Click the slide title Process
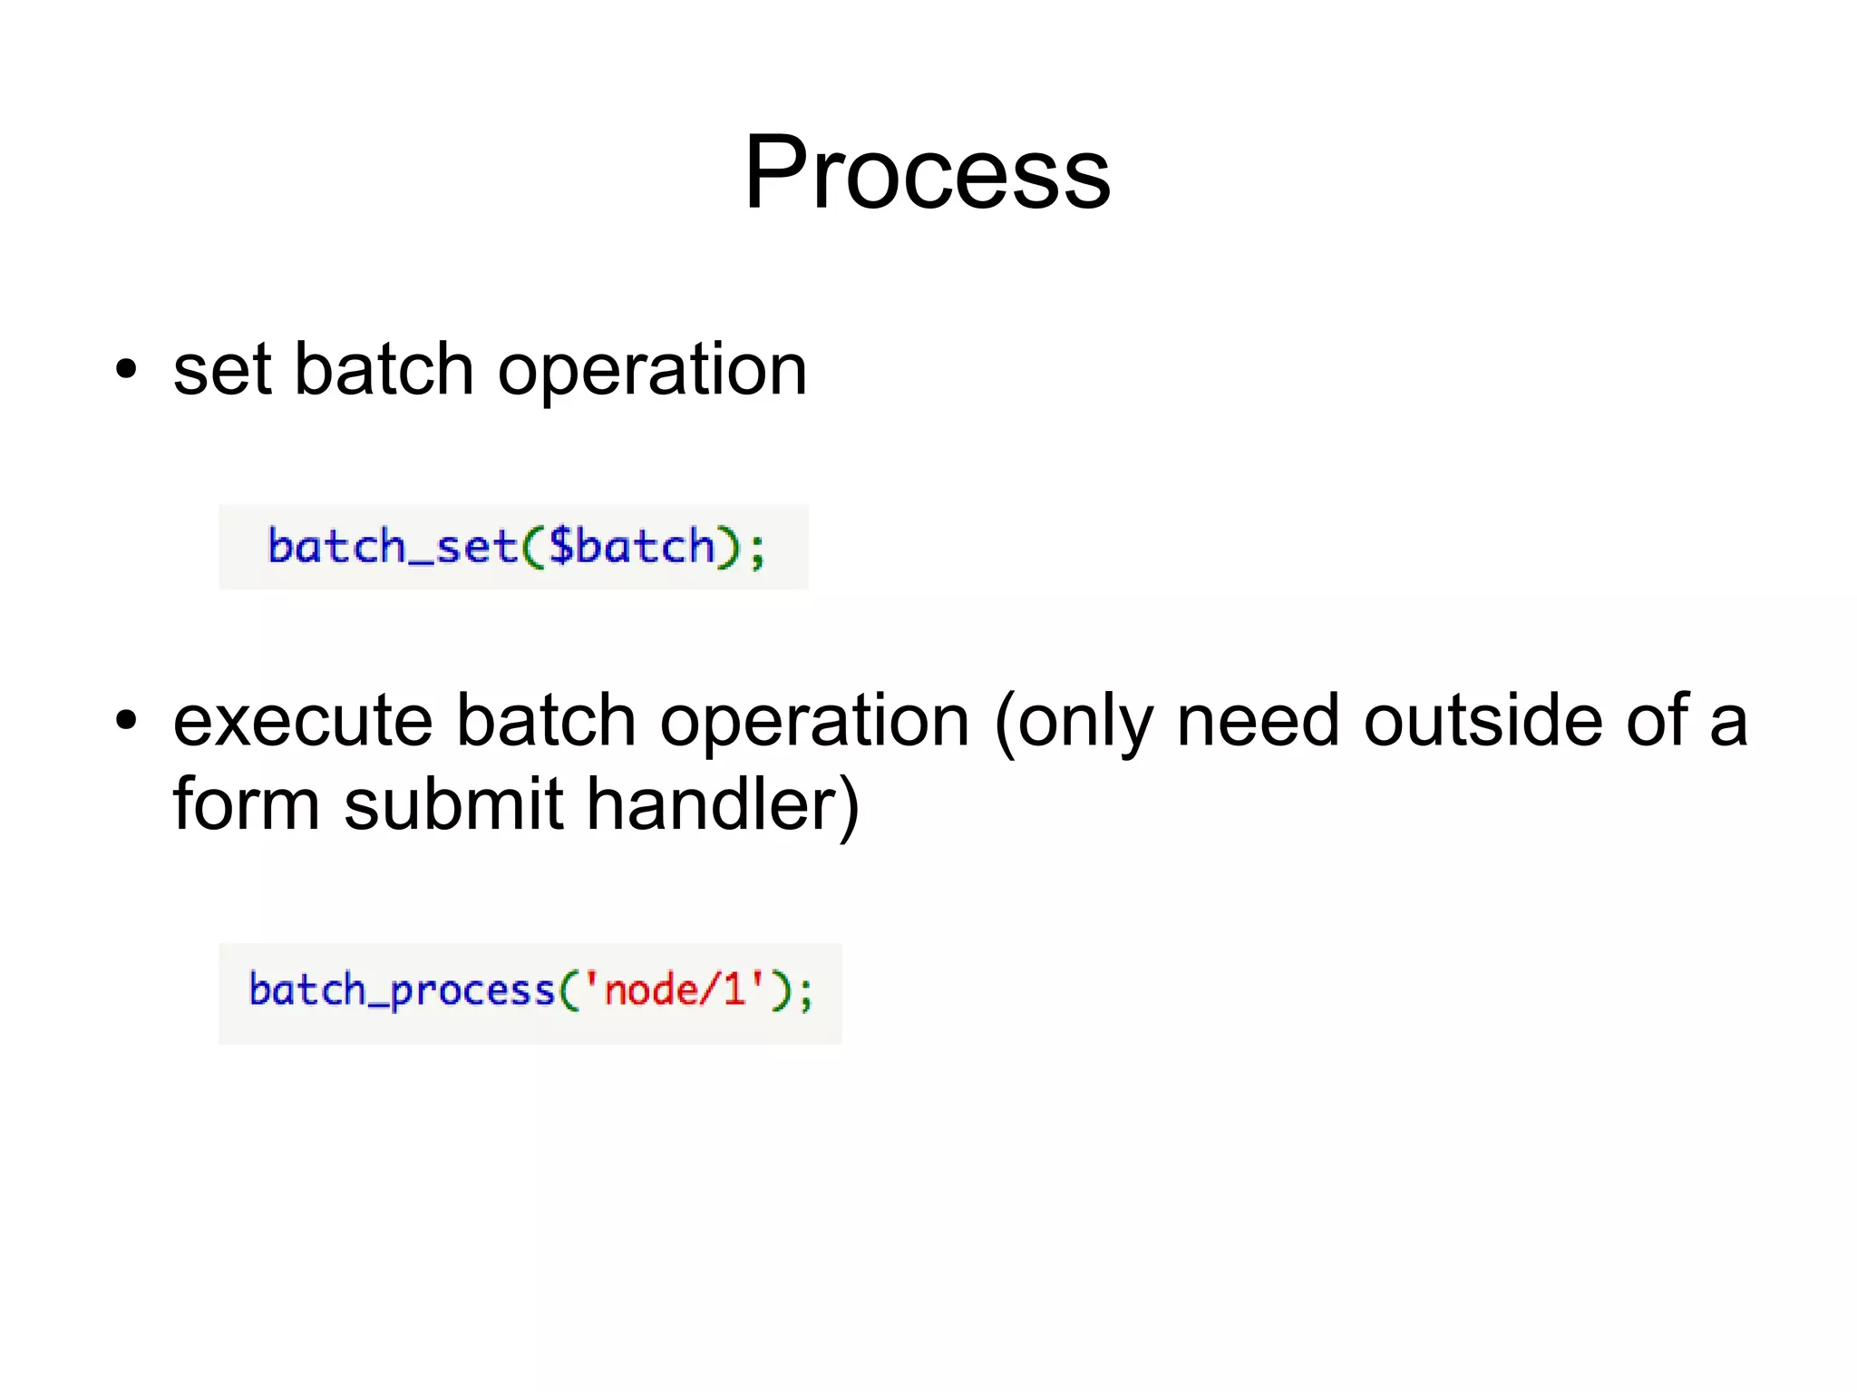(927, 172)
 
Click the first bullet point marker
(126, 370)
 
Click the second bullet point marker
(126, 721)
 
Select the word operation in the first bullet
(652, 372)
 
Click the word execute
(303, 721)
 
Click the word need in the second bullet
(1258, 721)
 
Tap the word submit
(454, 804)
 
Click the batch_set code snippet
(513, 547)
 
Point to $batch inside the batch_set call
(632, 547)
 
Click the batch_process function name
(401, 990)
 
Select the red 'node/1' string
(674, 990)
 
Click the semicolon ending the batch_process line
(806, 994)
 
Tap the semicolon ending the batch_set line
(757, 550)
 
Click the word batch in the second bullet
(545, 721)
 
